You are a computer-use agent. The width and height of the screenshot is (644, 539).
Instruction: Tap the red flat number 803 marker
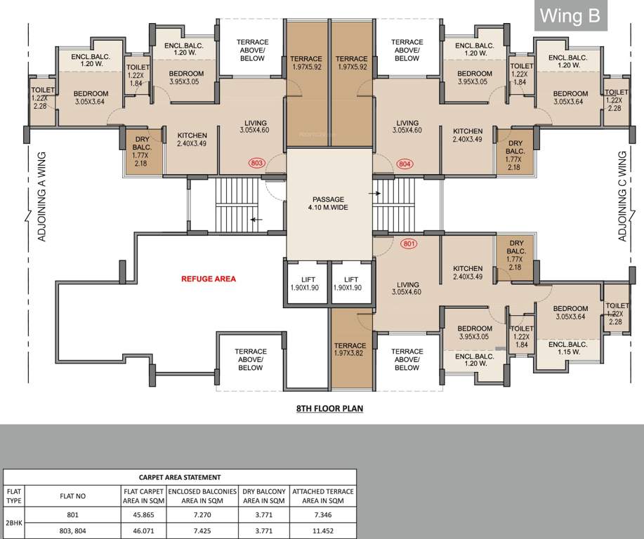click(257, 164)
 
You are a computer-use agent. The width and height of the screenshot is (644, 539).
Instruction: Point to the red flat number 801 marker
click(408, 245)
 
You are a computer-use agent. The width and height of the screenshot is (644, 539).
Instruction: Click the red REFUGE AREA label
click(209, 279)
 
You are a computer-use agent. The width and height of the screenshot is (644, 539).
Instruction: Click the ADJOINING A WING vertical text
click(41, 197)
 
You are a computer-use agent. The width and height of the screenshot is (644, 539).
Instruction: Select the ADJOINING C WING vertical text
click(622, 197)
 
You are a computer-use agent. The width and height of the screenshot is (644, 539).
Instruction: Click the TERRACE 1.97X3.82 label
click(350, 350)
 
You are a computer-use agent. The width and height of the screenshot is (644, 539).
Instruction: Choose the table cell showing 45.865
click(144, 514)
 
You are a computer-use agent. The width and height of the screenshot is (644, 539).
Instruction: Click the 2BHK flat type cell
click(14, 523)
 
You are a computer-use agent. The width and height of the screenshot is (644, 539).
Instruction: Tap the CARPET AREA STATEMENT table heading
click(180, 477)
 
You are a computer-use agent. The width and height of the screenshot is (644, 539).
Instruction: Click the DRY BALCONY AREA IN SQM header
click(264, 496)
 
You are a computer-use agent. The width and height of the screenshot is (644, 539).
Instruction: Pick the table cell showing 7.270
click(204, 514)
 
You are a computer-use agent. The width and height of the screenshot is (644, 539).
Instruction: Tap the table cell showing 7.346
click(322, 514)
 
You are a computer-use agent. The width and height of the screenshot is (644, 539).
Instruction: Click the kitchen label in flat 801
click(468, 272)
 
